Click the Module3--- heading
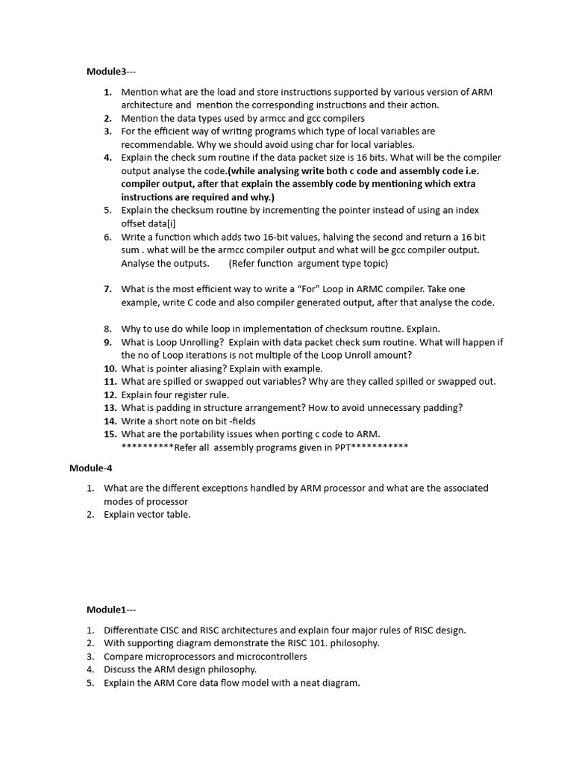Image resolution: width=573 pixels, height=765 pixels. (x=111, y=71)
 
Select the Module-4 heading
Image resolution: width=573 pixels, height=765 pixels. (x=90, y=468)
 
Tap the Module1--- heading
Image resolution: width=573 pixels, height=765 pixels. (x=111, y=610)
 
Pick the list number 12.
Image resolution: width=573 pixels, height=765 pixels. (x=110, y=394)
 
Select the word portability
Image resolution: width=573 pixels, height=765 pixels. (x=190, y=434)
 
